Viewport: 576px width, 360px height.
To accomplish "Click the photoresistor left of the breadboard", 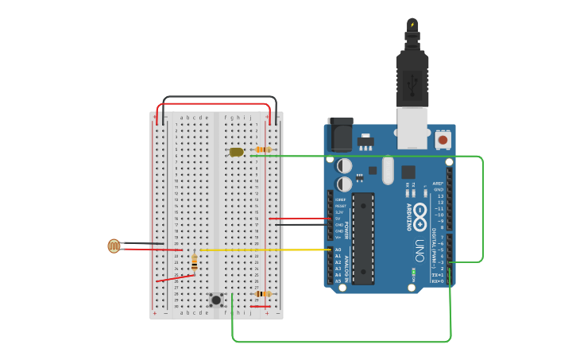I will pyautogui.click(x=114, y=246).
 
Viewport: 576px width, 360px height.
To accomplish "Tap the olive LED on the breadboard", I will pyautogui.click(x=236, y=152).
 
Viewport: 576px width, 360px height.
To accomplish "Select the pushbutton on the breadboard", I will pyautogui.click(x=215, y=300).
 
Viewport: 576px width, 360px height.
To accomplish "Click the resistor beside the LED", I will pyautogui.click(x=263, y=149).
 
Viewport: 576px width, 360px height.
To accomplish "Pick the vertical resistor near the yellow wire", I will pyautogui.click(x=195, y=261).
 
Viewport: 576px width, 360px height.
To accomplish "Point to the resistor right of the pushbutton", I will pyautogui.click(x=262, y=294).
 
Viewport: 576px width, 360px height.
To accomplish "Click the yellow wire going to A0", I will pyautogui.click(x=270, y=250).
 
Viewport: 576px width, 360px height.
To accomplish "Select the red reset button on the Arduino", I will pyautogui.click(x=443, y=140).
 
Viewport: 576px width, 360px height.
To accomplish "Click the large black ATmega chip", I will pyautogui.click(x=363, y=238).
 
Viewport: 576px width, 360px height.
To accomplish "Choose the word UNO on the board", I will pyautogui.click(x=419, y=251).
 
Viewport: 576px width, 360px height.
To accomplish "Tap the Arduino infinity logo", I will pyautogui.click(x=419, y=213).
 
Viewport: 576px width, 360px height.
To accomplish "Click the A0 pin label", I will pyautogui.click(x=338, y=250).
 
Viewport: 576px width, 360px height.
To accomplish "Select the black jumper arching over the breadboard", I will pyautogui.click(x=220, y=97).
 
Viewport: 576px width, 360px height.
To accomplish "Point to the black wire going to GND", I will pyautogui.click(x=302, y=225).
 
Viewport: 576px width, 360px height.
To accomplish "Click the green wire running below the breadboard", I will pyautogui.click(x=342, y=342).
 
